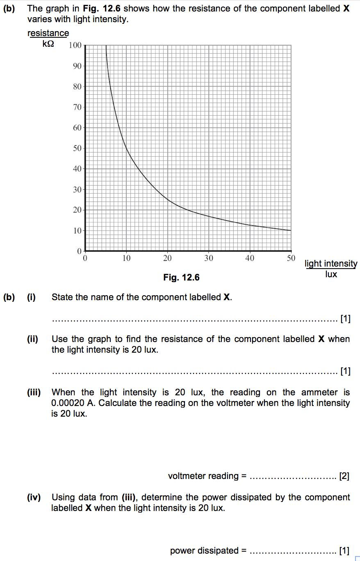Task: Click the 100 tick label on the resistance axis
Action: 76,45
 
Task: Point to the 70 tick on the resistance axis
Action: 77,107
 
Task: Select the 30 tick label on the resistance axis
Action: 77,189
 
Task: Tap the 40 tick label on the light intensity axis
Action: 250,258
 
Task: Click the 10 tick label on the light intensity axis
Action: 126,258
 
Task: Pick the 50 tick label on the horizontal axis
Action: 291,258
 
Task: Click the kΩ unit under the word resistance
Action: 48,43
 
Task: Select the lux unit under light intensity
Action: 331,274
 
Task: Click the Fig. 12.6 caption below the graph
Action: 181,278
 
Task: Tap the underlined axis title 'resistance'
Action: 48,33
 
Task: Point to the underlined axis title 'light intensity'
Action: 331,264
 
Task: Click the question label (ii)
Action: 32,339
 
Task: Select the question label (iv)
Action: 34,497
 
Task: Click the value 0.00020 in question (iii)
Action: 68,403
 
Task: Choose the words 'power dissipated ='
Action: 208,550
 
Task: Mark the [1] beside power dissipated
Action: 344,550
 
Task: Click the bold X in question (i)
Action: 227,297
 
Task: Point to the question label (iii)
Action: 34,392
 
